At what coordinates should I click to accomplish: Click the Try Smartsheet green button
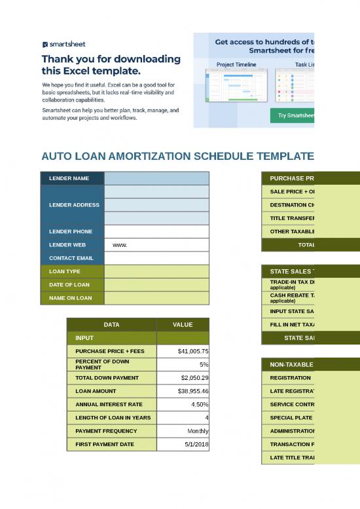coord(293,115)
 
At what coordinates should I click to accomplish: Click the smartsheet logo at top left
coord(63,45)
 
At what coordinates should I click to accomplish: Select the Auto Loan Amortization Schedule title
coord(177,157)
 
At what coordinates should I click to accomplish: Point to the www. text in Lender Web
coord(120,245)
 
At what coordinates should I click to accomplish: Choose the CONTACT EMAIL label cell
coord(72,258)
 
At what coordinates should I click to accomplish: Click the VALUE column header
coord(183,324)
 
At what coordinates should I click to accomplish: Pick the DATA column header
coord(111,324)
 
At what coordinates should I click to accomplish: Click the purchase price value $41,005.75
coord(193,351)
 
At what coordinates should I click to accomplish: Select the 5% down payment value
coord(204,364)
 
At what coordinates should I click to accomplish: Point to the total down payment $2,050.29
coord(193,378)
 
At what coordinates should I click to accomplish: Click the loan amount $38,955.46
coord(193,391)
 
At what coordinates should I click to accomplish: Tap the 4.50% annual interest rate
coord(198,404)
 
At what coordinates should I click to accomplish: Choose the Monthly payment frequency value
coord(196,431)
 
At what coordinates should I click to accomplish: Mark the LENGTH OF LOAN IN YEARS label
coord(112,417)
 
